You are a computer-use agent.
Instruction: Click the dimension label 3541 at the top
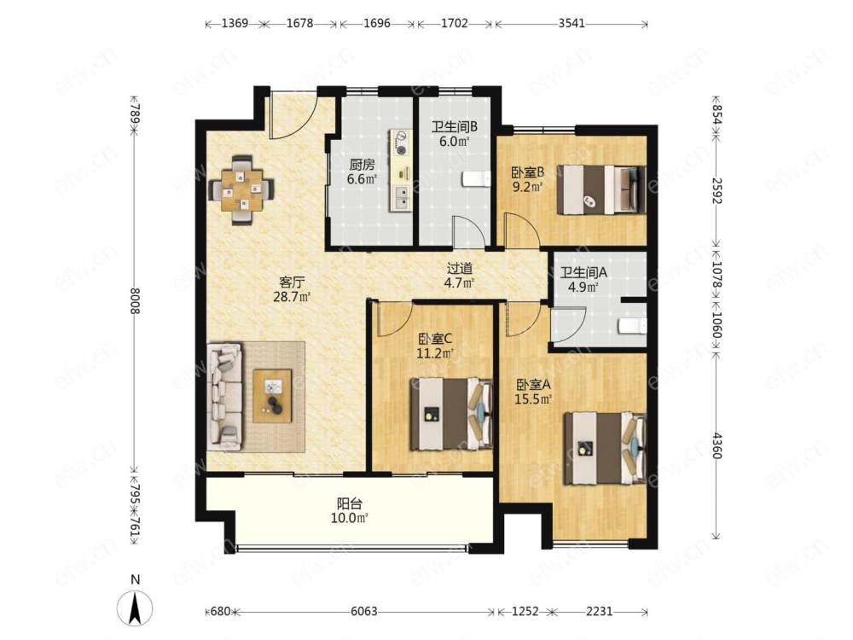[x=572, y=23]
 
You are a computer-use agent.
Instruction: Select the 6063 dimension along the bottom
[x=364, y=611]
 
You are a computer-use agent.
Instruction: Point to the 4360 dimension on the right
[x=717, y=445]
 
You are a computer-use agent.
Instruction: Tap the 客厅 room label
[x=292, y=282]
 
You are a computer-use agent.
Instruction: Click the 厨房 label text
[x=362, y=165]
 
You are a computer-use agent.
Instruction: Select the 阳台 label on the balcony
[x=350, y=504]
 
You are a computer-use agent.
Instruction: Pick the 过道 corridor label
[x=460, y=268]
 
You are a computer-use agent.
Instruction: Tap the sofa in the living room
[x=224, y=396]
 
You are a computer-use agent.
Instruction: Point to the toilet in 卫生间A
[x=632, y=325]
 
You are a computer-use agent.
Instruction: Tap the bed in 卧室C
[x=451, y=414]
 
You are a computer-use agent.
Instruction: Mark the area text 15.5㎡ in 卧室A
[x=534, y=399]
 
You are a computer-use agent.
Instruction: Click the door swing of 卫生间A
[x=568, y=324]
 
